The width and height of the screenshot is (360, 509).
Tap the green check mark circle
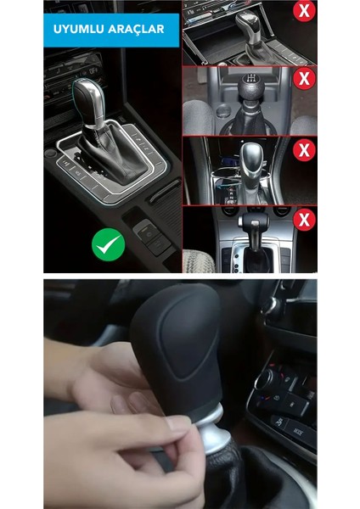click(108, 246)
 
